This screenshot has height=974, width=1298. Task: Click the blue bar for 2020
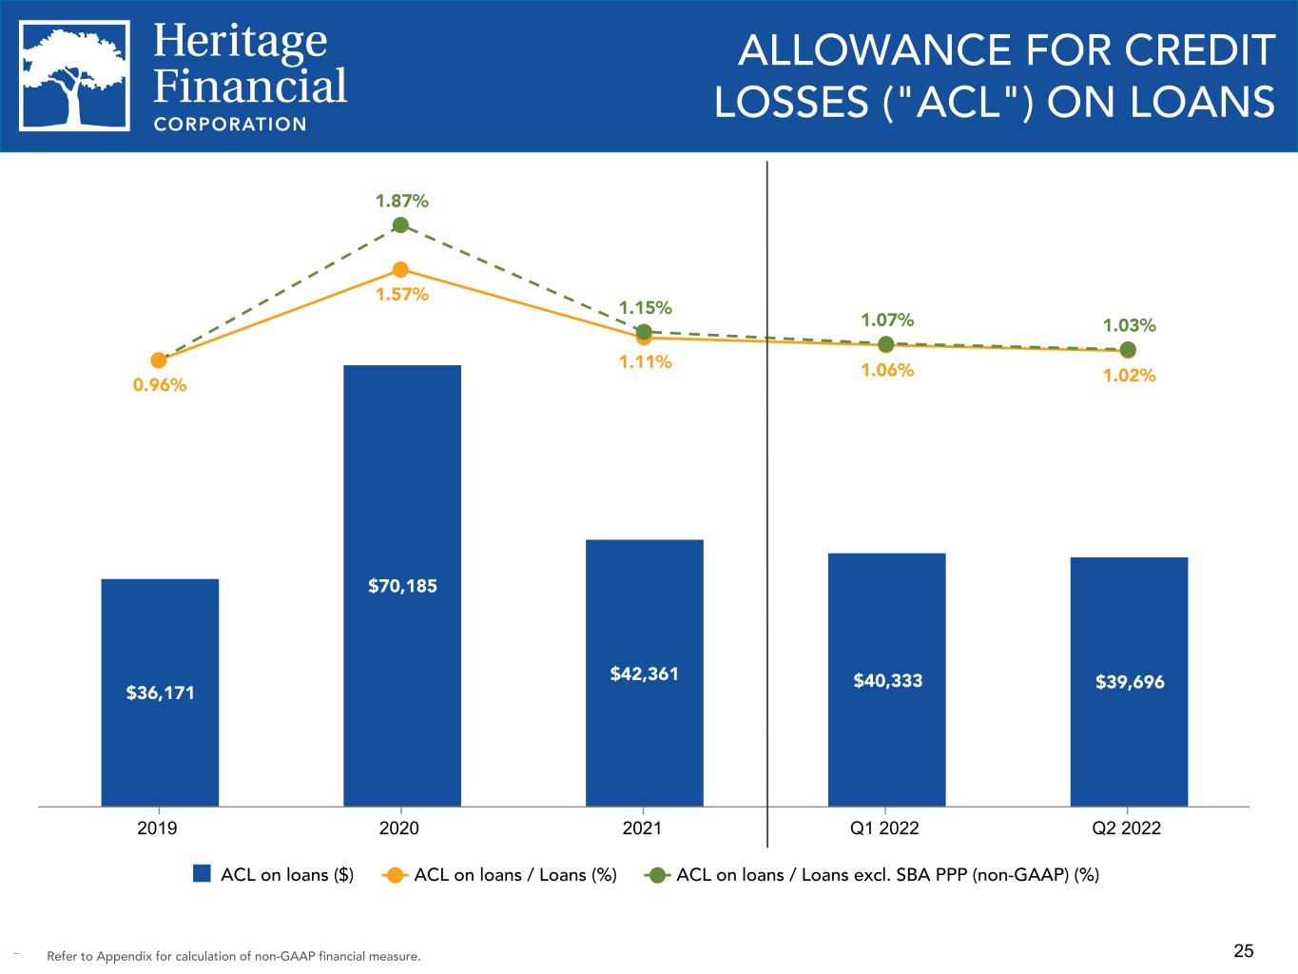tap(401, 585)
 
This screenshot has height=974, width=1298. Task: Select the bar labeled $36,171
tap(160, 692)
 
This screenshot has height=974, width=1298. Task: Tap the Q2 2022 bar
tap(1129, 681)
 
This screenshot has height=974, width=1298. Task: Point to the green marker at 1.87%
tap(400, 225)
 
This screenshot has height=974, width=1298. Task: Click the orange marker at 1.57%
tap(400, 270)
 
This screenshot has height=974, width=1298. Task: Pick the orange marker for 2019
tap(159, 360)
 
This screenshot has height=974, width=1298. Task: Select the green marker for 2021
tap(644, 332)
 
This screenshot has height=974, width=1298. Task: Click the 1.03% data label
tap(1129, 325)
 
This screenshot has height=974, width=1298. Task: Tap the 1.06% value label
tap(887, 370)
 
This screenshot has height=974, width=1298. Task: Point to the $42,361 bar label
tap(644, 674)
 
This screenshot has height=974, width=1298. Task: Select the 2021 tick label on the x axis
tap(642, 828)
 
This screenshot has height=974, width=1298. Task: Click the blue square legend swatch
tap(202, 874)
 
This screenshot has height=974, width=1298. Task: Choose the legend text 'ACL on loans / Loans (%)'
tap(515, 875)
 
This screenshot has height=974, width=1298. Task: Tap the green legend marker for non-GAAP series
tap(656, 875)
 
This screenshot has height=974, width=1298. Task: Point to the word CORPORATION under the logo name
tap(230, 124)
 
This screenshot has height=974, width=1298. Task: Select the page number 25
tap(1244, 950)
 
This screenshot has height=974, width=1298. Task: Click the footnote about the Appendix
tap(233, 956)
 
